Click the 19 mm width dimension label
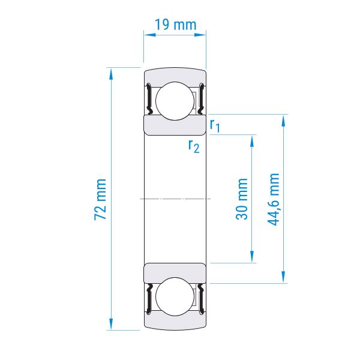click(x=176, y=25)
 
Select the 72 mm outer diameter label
click(x=100, y=199)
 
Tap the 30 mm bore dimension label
click(x=242, y=199)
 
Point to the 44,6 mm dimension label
click(x=274, y=200)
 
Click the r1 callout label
click(x=215, y=126)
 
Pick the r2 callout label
click(x=194, y=146)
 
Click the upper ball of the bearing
click(x=175, y=101)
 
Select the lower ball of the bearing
click(x=175, y=296)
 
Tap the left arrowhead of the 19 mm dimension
click(x=149, y=35)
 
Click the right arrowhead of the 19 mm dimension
click(x=200, y=35)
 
